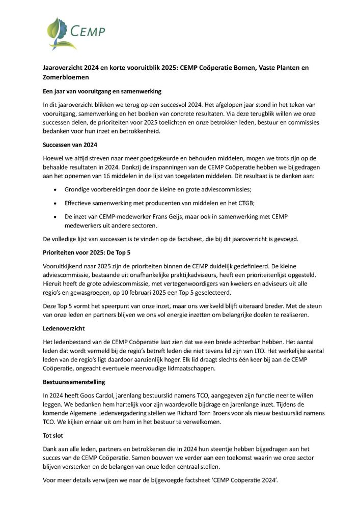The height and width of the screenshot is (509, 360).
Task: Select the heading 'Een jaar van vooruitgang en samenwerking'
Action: [102, 91]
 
